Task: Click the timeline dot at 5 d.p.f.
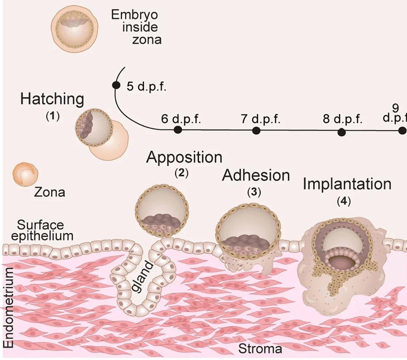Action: click(116, 85)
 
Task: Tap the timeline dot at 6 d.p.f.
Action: click(178, 130)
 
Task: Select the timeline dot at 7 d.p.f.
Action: click(256, 130)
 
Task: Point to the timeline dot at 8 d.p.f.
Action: click(341, 132)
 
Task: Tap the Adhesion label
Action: click(256, 175)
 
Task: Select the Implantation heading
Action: click(347, 184)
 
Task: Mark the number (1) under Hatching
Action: click(52, 116)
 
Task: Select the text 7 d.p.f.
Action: click(260, 119)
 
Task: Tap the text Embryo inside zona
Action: click(135, 27)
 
